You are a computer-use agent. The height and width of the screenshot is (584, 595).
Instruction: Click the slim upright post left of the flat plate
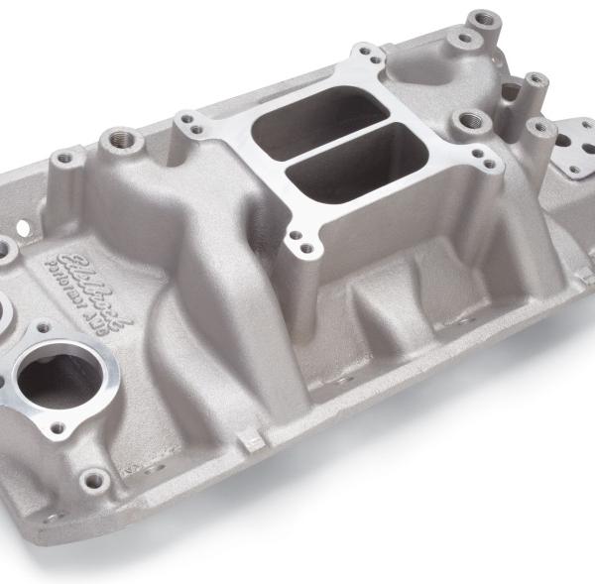535,84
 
